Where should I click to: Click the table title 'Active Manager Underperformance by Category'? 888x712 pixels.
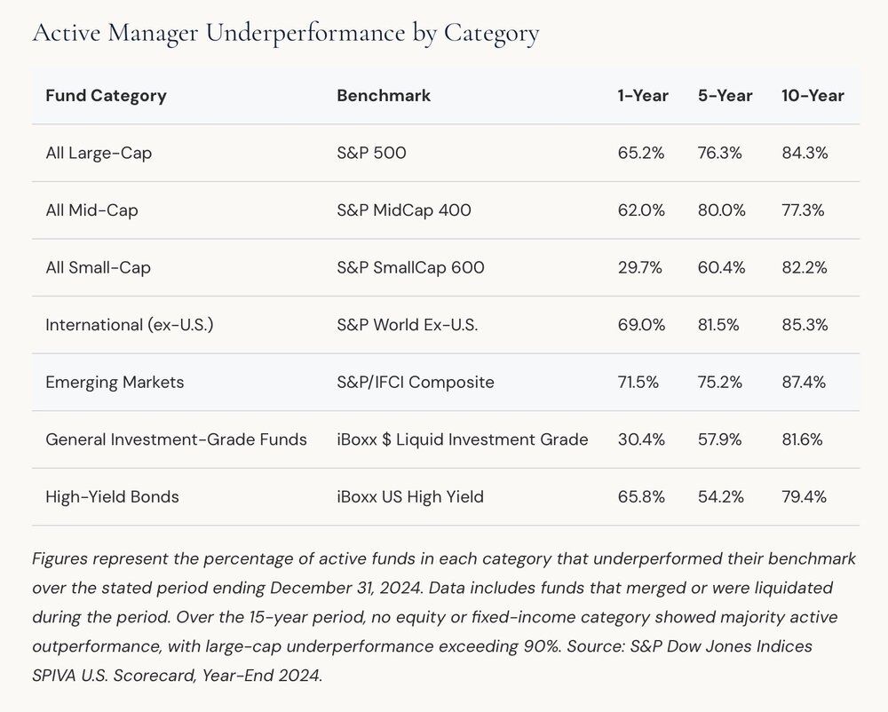click(285, 34)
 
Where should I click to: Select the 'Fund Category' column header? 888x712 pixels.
click(106, 96)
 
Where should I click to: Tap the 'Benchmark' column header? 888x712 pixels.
click(384, 96)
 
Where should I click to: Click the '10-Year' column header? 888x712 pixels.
click(813, 96)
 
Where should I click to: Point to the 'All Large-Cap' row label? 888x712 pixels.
click(99, 154)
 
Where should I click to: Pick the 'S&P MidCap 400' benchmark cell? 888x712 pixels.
click(404, 210)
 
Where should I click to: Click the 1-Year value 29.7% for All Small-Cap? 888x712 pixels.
click(640, 268)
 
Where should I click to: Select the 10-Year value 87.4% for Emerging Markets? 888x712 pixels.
click(804, 382)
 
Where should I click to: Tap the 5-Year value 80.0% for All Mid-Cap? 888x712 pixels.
click(721, 210)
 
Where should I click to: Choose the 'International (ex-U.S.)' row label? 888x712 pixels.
click(130, 325)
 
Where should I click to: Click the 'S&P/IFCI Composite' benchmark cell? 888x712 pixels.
click(415, 382)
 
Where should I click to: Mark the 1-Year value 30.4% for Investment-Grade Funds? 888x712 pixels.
click(641, 439)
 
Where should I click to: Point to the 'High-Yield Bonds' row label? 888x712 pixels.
click(112, 497)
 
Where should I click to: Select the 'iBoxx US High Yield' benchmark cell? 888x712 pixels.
click(410, 497)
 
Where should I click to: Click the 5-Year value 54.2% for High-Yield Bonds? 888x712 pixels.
click(720, 497)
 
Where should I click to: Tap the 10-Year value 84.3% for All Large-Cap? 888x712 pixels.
click(805, 154)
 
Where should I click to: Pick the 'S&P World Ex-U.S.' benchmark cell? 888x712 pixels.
click(408, 325)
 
